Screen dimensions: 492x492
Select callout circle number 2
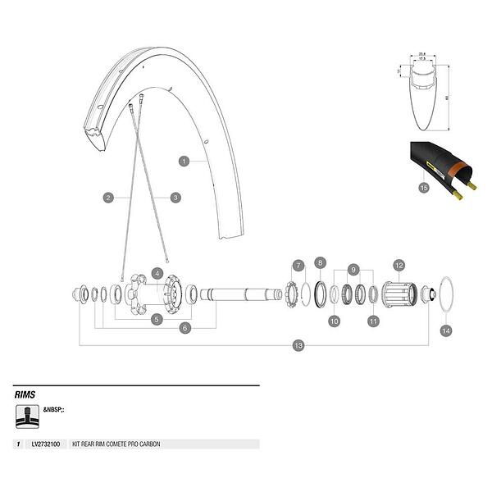107,197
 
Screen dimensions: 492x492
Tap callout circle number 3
175,197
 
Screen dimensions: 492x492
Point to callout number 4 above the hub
157,272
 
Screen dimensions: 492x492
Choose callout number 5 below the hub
157,318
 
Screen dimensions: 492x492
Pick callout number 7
298,266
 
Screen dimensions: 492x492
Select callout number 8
321,263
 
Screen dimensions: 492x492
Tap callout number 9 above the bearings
353,268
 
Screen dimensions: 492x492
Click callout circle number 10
334,321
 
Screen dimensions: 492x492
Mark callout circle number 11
373,321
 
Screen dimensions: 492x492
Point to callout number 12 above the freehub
399,266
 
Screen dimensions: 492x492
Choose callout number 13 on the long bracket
298,346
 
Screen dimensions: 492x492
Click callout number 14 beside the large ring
445,330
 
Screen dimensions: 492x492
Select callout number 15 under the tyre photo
423,188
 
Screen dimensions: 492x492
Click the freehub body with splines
403,293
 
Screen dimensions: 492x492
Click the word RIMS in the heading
25,394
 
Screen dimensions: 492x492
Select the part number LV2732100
46,444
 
